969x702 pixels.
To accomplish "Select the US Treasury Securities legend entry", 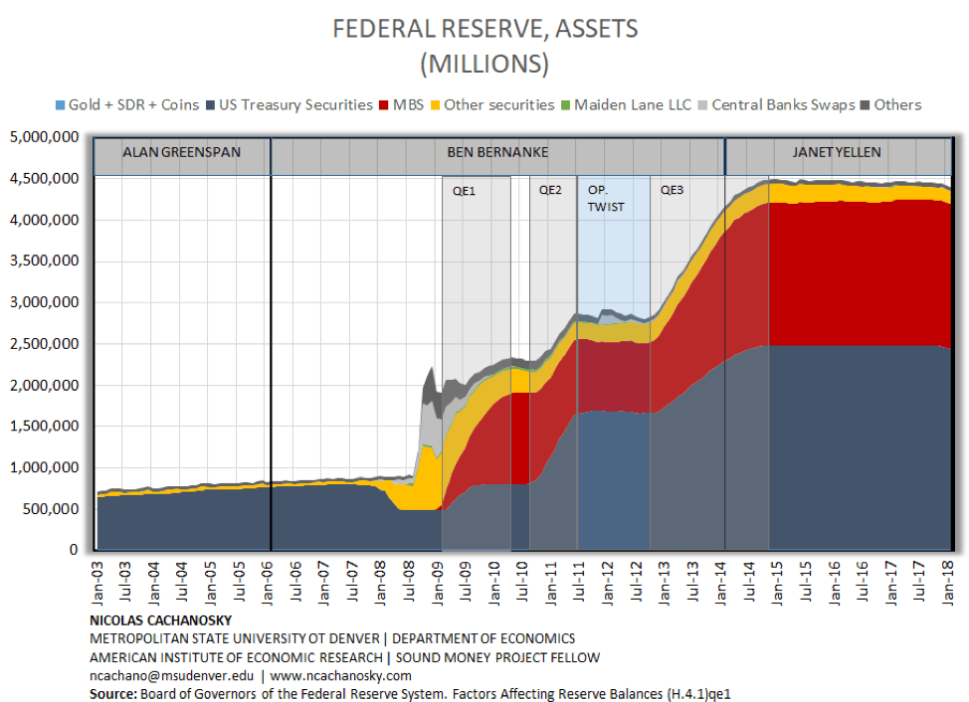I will point(295,104).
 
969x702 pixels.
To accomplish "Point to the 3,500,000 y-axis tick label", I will point(45,262).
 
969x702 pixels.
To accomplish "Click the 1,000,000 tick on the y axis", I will point(45,467).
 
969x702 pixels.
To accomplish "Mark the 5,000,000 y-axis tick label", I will point(45,137).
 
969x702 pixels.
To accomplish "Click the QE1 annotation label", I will point(464,191).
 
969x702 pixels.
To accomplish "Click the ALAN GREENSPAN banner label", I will point(181,153).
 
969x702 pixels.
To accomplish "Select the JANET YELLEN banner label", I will point(836,153).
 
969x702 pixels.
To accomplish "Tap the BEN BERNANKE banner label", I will point(497,153).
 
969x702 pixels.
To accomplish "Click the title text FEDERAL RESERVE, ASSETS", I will point(484,29).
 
